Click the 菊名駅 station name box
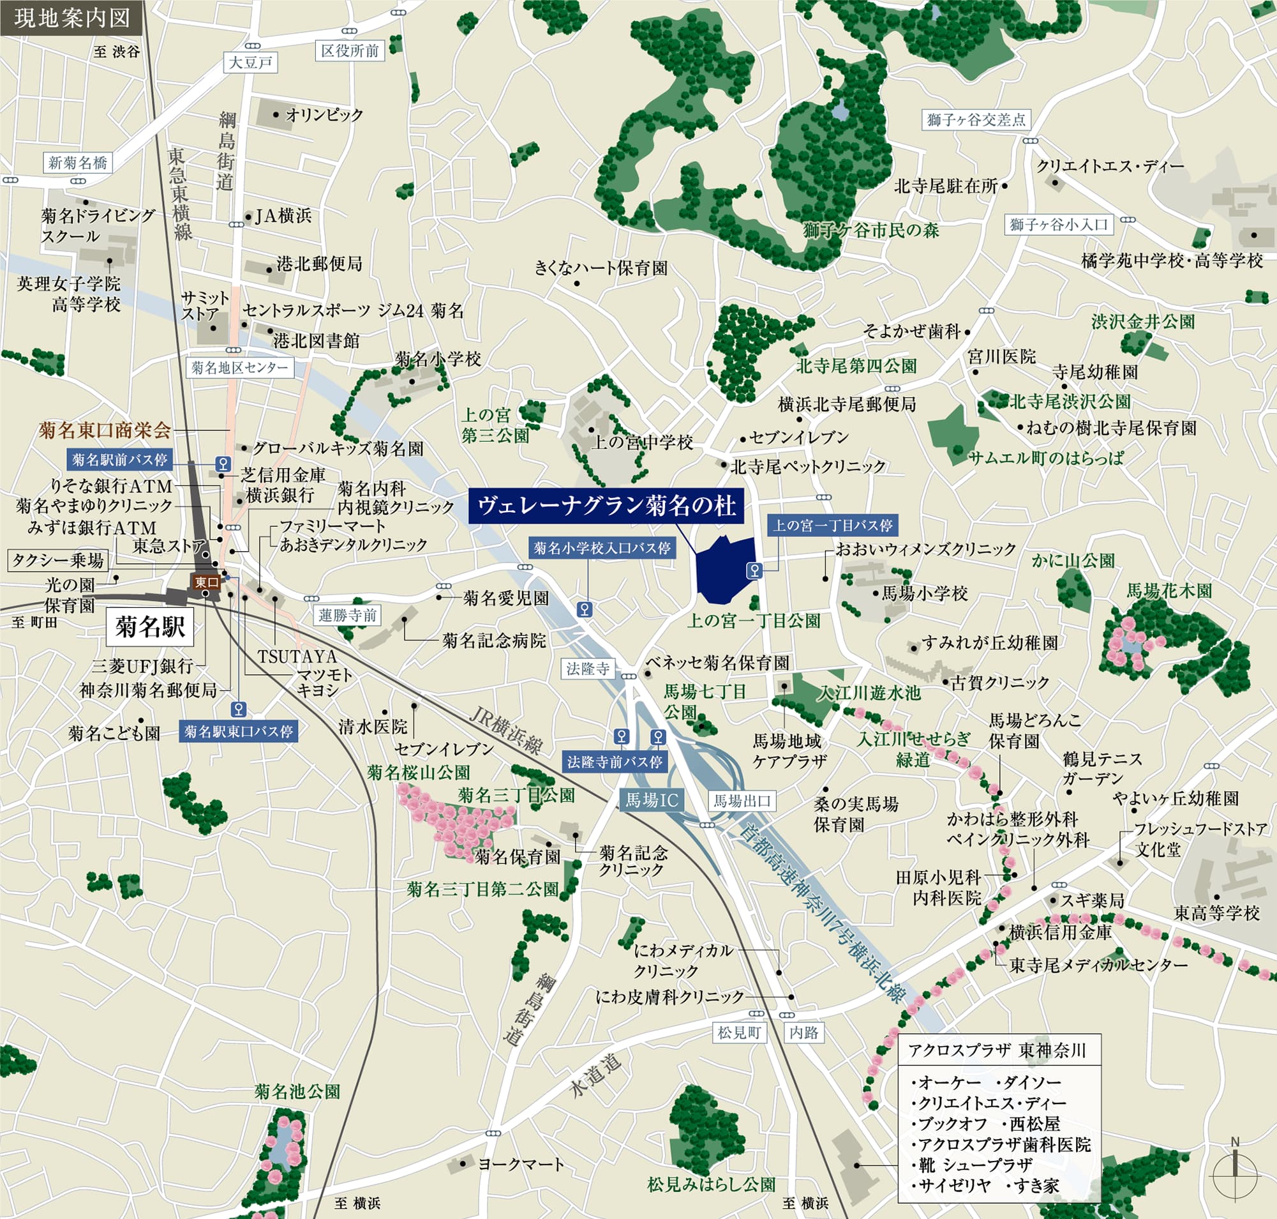(150, 627)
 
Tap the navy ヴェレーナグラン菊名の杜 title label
(606, 506)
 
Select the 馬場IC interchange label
(651, 801)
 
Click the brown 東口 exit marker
(207, 582)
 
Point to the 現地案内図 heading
(71, 17)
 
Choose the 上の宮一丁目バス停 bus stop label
(832, 525)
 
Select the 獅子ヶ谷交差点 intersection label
(976, 119)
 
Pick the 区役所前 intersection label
(350, 50)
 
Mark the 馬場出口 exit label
(742, 801)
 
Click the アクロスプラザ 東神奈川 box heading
(997, 1050)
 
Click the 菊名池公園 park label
(297, 1091)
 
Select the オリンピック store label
(324, 115)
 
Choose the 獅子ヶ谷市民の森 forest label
(870, 230)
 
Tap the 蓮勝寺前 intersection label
(348, 615)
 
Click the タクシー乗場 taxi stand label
(58, 559)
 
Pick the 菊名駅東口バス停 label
(239, 732)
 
